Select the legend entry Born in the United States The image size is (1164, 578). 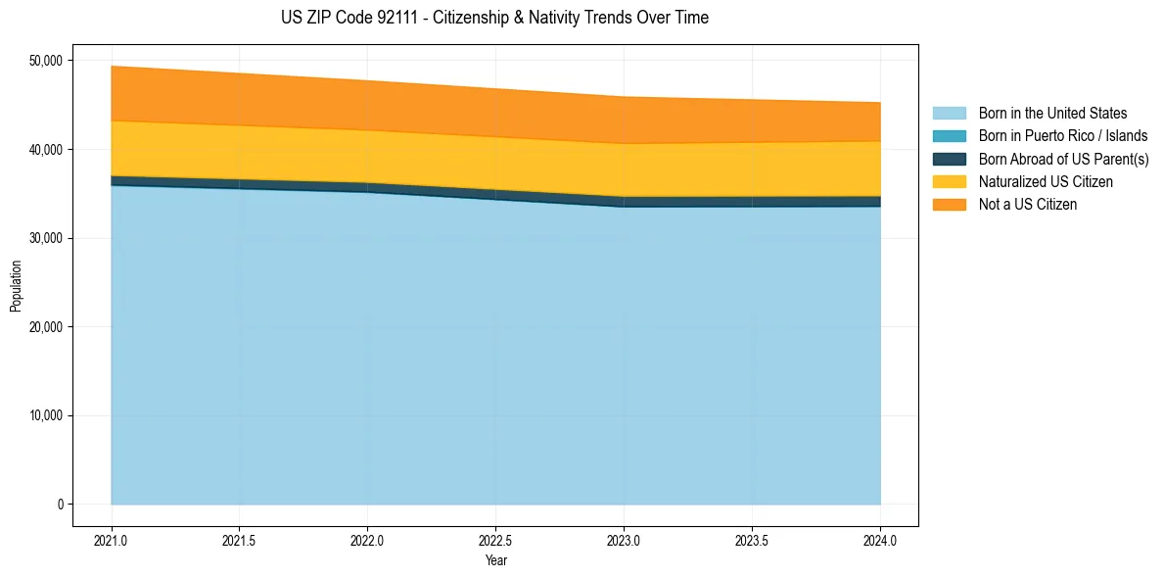point(1052,114)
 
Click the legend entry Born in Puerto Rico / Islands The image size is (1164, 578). point(1063,136)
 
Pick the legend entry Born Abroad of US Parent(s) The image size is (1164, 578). point(1063,159)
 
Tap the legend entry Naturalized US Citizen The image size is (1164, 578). point(1046,182)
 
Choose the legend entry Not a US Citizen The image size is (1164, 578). point(1028,205)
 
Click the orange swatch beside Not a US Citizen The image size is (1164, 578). point(949,205)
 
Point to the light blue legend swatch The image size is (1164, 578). point(949,114)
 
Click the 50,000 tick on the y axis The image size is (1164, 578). point(46,61)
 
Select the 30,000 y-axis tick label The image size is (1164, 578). point(46,238)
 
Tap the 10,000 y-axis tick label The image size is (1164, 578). point(46,415)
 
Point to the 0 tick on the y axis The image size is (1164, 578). point(60,505)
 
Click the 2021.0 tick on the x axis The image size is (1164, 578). point(112,540)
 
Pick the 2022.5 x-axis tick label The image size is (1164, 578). point(495,540)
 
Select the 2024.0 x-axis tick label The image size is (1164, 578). point(880,540)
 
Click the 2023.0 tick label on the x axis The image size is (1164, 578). point(624,540)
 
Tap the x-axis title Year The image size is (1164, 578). point(495,560)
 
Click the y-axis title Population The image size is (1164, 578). point(16,286)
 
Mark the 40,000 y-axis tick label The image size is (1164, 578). point(46,150)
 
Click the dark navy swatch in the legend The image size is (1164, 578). point(949,159)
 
